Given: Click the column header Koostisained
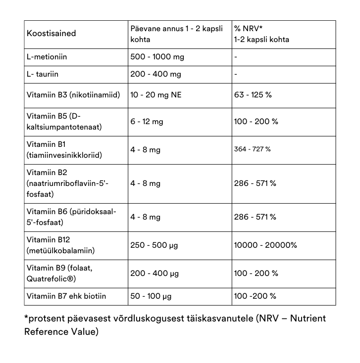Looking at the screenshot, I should pyautogui.click(x=51, y=34).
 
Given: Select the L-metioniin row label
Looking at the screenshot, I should pyautogui.click(x=47, y=57).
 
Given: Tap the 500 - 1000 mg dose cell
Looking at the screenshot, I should pyautogui.click(x=157, y=57).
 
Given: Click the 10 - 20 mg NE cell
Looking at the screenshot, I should pyautogui.click(x=155, y=94).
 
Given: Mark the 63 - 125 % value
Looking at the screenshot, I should pyautogui.click(x=253, y=94).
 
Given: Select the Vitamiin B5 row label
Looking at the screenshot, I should pyautogui.click(x=54, y=116).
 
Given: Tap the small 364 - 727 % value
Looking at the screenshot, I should pyautogui.click(x=252, y=149).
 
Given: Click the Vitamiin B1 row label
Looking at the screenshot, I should pyautogui.click(x=46, y=144).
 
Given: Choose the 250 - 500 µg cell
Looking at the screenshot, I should pyautogui.click(x=154, y=245).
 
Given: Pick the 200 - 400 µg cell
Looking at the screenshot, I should pyautogui.click(x=154, y=273).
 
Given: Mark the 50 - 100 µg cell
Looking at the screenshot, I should pyautogui.click(x=151, y=296).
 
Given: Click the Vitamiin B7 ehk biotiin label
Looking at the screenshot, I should pyautogui.click(x=66, y=296).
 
